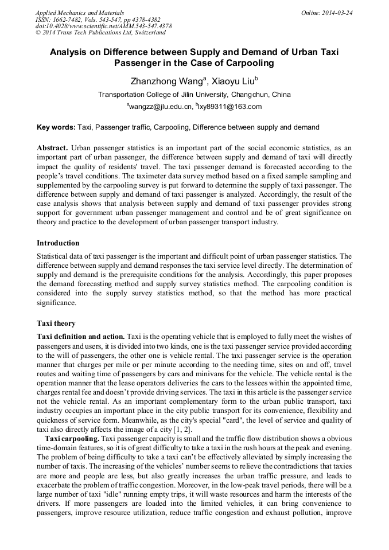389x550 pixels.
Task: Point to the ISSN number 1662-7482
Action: (72, 19)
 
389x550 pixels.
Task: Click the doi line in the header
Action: (103, 26)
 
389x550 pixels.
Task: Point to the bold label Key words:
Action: (56, 127)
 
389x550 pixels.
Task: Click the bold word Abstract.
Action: (53, 147)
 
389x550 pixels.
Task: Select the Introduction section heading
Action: (58, 243)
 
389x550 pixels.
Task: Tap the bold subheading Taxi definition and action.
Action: (80, 336)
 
